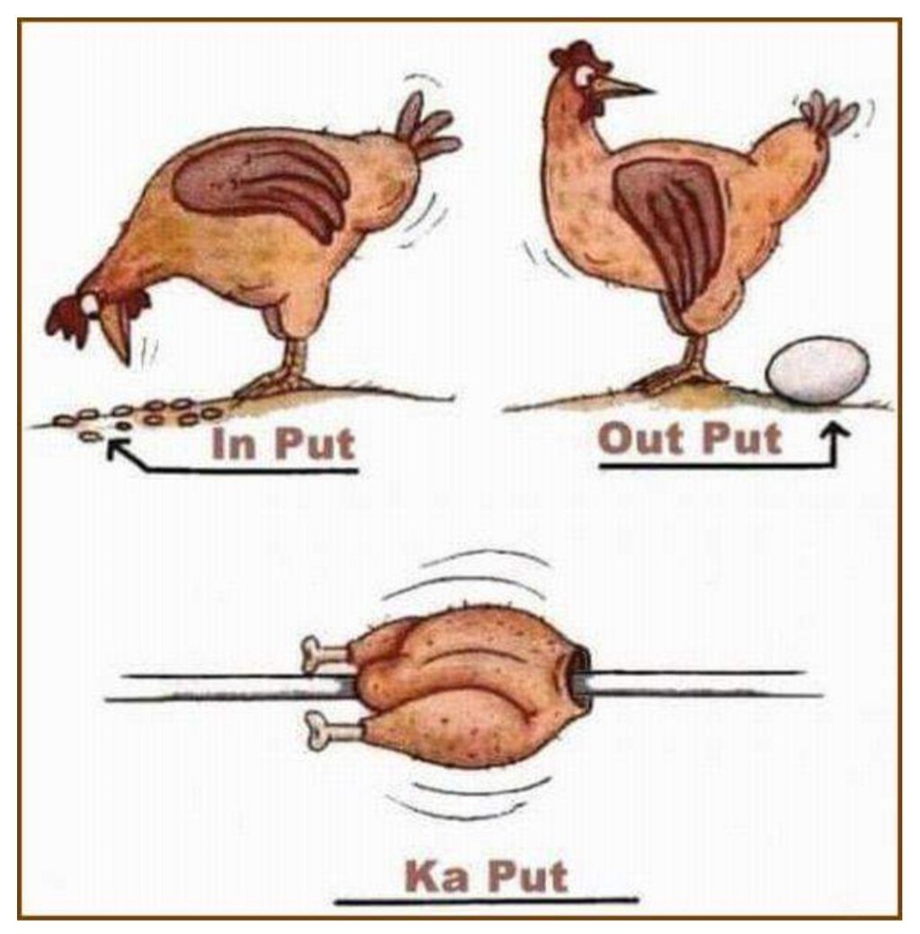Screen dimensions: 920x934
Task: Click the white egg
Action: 818,370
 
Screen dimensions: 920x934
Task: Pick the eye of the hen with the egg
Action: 585,75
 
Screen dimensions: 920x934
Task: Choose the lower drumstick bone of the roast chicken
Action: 331,730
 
